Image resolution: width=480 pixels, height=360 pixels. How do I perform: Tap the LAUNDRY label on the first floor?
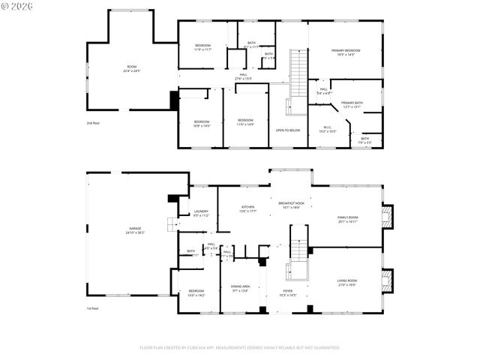coord(200,213)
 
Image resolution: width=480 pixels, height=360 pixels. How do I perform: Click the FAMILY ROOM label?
coord(347,219)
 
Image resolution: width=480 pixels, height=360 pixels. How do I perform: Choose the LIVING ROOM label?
coord(346,282)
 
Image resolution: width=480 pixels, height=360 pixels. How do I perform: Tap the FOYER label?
coord(288,292)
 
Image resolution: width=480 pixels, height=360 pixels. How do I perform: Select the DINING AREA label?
coord(240,287)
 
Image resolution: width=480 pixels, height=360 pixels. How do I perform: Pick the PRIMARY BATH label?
coord(352,104)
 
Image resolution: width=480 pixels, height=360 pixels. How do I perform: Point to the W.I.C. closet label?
coord(328,129)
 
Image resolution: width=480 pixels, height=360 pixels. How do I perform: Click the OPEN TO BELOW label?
coord(288,130)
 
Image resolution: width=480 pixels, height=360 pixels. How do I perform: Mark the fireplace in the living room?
coord(387,280)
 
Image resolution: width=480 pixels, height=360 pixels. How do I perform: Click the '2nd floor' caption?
coord(94,122)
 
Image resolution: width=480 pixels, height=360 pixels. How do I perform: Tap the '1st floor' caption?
coord(93,308)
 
